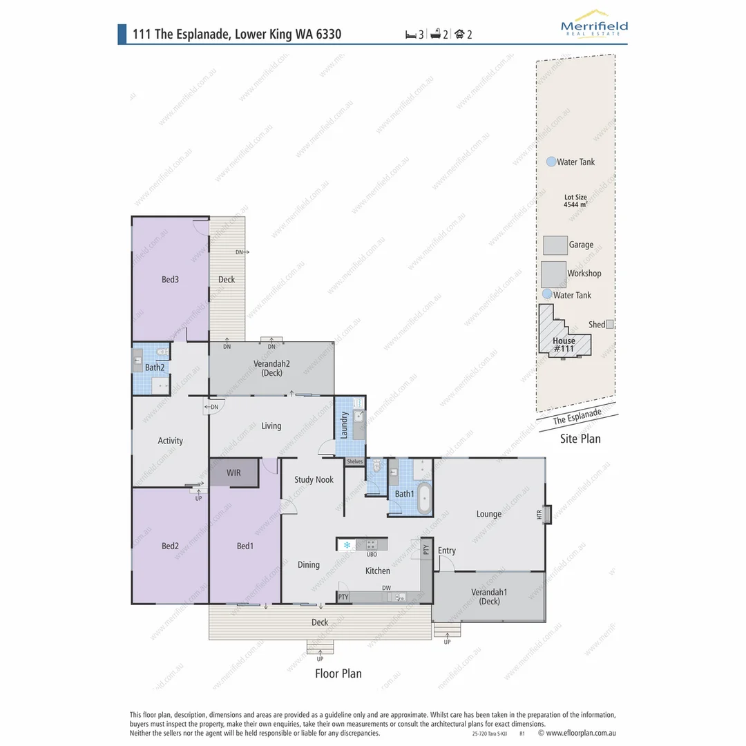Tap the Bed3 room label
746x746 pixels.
tap(171, 280)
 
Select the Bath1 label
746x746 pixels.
tap(404, 494)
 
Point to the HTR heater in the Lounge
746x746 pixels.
tap(546, 515)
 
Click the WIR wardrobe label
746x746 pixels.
tap(234, 473)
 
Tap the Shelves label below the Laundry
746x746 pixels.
tap(354, 461)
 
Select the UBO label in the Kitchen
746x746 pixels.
tap(372, 554)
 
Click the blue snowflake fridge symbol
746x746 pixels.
tap(347, 545)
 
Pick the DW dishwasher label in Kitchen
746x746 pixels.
tap(387, 588)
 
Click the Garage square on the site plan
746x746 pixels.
tap(555, 245)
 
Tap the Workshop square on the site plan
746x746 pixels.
tap(553, 274)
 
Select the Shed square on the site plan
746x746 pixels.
tap(609, 324)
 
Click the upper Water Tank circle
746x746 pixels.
tap(551, 162)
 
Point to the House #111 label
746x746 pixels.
tap(564, 345)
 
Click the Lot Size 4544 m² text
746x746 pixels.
tap(575, 201)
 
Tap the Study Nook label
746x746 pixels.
tap(314, 479)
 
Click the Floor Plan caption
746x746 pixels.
tap(338, 673)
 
